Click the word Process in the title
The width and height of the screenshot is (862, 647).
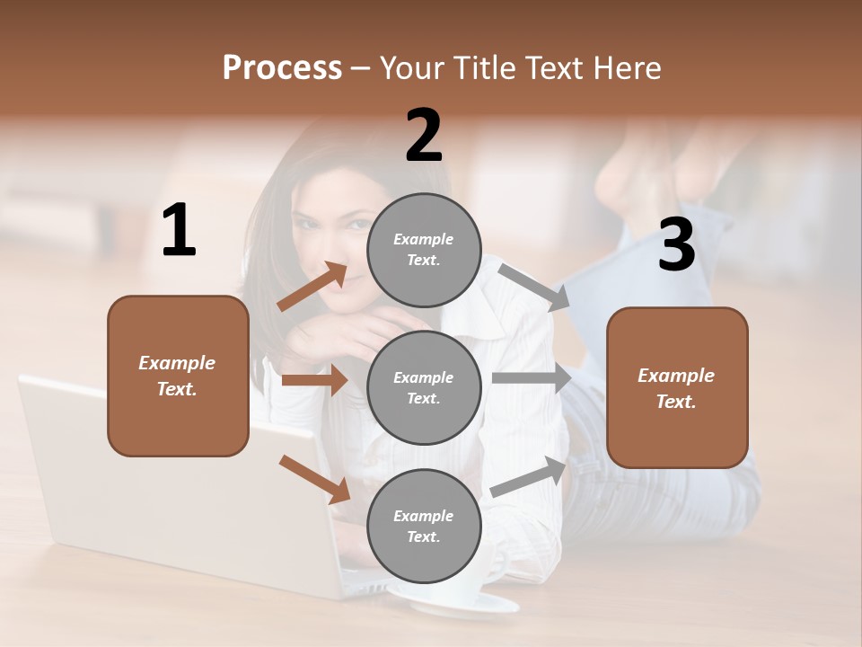(282, 68)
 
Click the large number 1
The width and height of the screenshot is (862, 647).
(179, 231)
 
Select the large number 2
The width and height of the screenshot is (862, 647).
(424, 136)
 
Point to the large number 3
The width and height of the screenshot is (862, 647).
(676, 245)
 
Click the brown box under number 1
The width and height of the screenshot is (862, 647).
(178, 376)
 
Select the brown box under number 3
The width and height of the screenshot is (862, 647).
(677, 387)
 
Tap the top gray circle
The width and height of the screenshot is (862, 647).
(424, 249)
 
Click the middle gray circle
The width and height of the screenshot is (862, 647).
(424, 387)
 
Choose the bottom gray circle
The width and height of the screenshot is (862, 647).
(424, 526)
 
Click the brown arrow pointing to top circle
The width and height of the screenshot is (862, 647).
(312, 288)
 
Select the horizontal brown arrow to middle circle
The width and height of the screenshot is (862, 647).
(314, 380)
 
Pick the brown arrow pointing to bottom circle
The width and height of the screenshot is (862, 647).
(314, 479)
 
